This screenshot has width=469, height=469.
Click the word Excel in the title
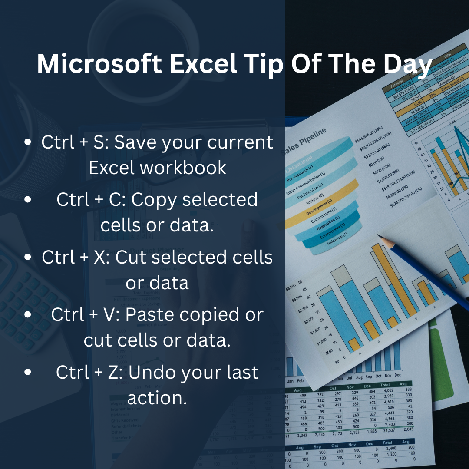pos(203,64)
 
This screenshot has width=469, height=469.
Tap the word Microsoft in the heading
pos(99,64)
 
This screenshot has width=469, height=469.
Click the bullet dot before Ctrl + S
pos(28,142)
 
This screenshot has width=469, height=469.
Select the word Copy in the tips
pos(153,200)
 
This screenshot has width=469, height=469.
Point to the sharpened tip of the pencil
pos(379,237)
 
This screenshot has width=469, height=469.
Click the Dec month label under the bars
pos(398,375)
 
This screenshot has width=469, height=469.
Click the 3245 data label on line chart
pos(452,123)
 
